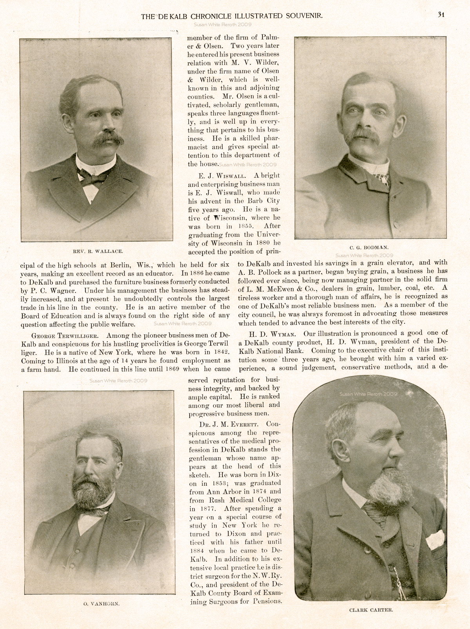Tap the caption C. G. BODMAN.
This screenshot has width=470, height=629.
[369, 247]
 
